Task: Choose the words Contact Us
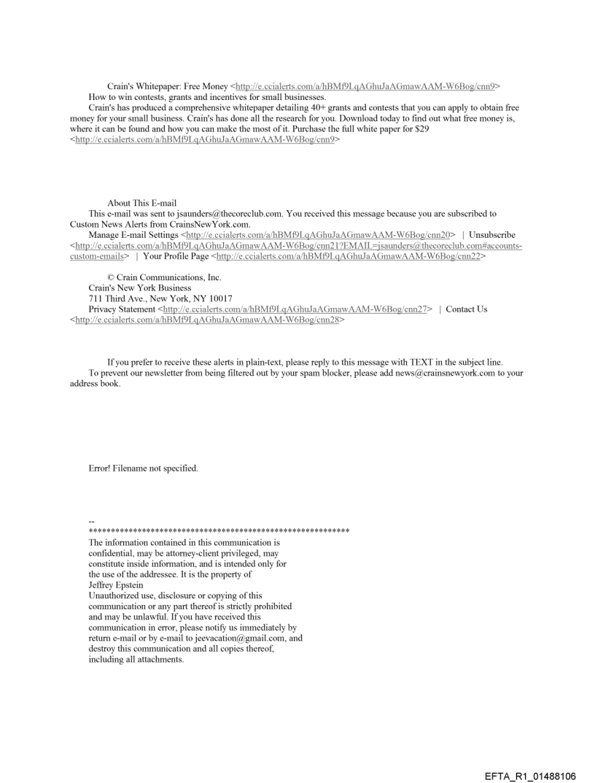[x=467, y=309]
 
